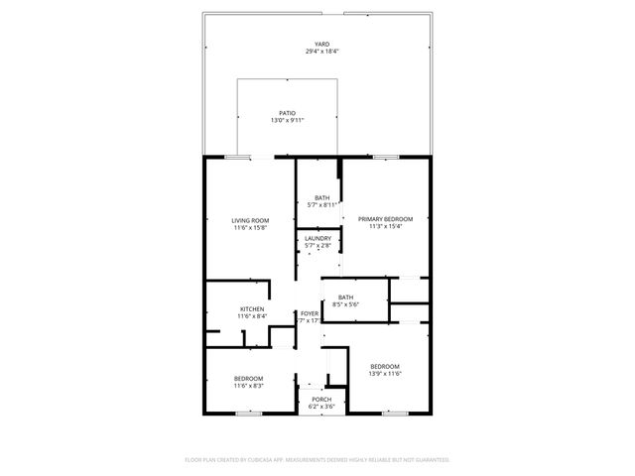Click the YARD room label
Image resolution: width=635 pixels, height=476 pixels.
coord(321,45)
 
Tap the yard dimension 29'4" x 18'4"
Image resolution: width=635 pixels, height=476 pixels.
coord(321,52)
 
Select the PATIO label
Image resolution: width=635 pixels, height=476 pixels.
coord(288,113)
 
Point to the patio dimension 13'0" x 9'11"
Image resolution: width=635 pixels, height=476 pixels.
coord(288,120)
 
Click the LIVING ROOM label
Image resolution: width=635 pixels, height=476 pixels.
coord(250,220)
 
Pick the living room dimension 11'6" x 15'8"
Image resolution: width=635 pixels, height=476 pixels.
coord(250,227)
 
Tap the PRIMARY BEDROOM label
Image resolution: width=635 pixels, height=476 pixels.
coord(385,218)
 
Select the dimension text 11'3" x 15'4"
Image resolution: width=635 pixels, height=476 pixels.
coord(385,225)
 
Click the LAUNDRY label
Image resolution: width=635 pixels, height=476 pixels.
coord(317,238)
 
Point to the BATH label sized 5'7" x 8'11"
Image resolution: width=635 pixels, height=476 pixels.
coord(322,197)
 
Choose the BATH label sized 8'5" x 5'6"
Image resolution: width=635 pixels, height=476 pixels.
coord(345,297)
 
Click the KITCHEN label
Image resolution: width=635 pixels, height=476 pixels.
coord(251,309)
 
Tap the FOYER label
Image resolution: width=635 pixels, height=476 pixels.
coord(310,313)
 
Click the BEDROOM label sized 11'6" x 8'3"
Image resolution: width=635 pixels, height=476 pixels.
coord(248,378)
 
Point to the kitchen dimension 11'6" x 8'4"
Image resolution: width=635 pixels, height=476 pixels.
coord(251,316)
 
